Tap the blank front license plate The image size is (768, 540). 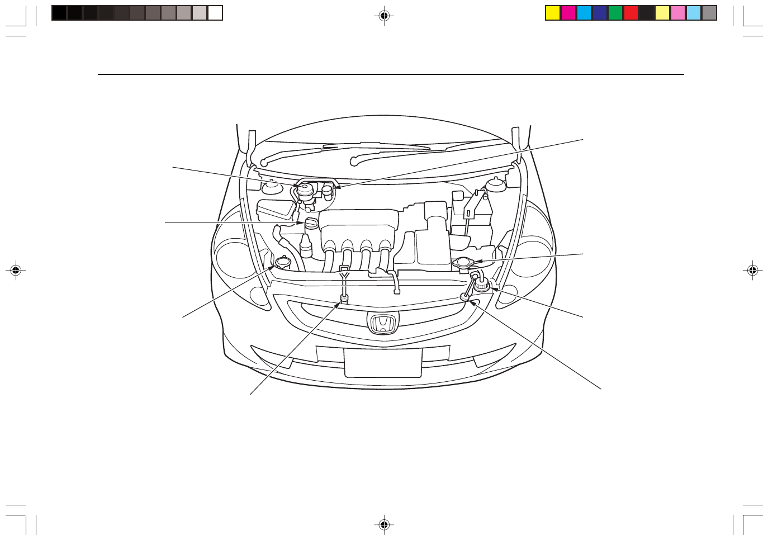383,362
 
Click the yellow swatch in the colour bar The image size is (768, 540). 553,13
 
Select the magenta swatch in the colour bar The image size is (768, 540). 568,13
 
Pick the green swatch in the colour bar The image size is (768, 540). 615,13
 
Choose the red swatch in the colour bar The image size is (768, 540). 631,13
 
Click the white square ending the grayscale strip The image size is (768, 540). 215,13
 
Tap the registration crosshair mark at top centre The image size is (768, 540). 384,16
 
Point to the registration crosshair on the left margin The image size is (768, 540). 16,271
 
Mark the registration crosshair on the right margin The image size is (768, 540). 752,271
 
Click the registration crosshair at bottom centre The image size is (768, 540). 384,524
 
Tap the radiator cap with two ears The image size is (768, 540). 463,262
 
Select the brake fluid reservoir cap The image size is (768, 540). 305,189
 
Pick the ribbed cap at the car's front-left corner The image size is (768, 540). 482,287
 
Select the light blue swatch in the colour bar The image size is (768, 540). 694,13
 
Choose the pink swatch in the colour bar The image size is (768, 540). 678,13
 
